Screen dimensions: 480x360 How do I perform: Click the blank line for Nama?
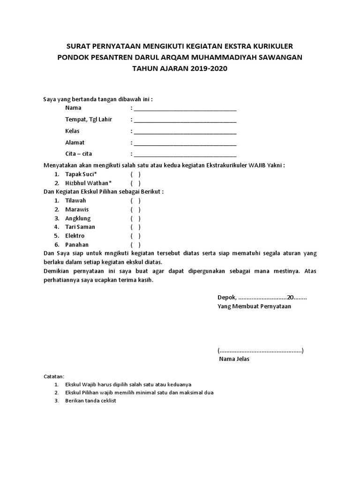pos(185,109)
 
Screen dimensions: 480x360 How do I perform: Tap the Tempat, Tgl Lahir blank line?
pos(185,120)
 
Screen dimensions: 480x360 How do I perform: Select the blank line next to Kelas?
pos(185,132)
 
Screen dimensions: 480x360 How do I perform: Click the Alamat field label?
pos(75,142)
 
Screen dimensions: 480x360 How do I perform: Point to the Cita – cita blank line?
pos(185,155)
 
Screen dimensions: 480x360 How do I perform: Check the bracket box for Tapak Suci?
pos(135,174)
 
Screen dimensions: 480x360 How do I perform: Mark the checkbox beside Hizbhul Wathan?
pos(135,183)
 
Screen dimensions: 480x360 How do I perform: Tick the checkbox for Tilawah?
pos(135,201)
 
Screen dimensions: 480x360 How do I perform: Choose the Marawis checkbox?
pos(135,210)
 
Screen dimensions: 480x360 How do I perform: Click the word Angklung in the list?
pos(78,218)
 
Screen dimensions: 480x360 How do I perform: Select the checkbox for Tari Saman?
pos(135,227)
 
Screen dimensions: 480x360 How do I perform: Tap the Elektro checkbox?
pos(135,236)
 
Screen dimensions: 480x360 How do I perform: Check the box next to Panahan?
pos(135,245)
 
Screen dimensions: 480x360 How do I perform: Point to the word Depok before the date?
pos(226,298)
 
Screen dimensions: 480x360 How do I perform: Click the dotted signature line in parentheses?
pos(260,351)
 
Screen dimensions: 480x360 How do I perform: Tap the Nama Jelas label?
pos(234,360)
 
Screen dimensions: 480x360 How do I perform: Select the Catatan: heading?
pos(54,377)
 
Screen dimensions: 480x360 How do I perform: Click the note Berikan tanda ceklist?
pos(90,401)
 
